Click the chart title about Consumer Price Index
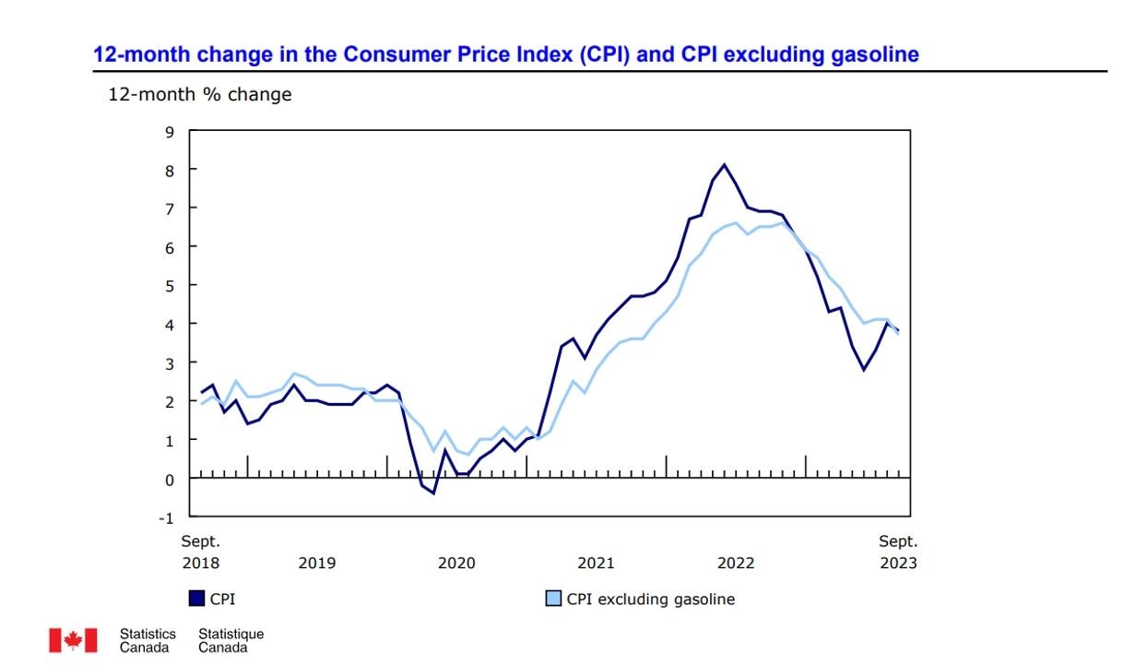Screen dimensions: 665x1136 click(505, 54)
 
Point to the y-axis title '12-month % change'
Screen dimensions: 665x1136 click(200, 94)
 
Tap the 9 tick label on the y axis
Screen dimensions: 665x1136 click(169, 131)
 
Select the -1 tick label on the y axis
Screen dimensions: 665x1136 click(166, 517)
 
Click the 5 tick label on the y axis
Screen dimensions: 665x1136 click(169, 285)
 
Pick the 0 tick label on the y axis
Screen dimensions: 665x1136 click(169, 479)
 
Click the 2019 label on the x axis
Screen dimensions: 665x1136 click(316, 563)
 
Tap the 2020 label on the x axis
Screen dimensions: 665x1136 click(456, 563)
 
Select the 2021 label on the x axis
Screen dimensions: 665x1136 click(596, 563)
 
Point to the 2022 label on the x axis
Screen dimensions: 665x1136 click(736, 563)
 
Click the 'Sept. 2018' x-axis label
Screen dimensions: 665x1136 click(200, 552)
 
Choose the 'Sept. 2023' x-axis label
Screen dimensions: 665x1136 click(897, 552)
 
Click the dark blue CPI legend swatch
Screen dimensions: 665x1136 click(196, 599)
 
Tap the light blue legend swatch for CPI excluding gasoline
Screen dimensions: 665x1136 click(553, 599)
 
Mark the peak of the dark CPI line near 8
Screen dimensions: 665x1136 click(724, 165)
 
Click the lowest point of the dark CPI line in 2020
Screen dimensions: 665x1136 click(433, 493)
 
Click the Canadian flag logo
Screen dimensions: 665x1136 click(73, 640)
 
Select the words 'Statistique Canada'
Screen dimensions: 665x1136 click(231, 640)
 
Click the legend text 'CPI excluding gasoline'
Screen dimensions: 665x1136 click(650, 599)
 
